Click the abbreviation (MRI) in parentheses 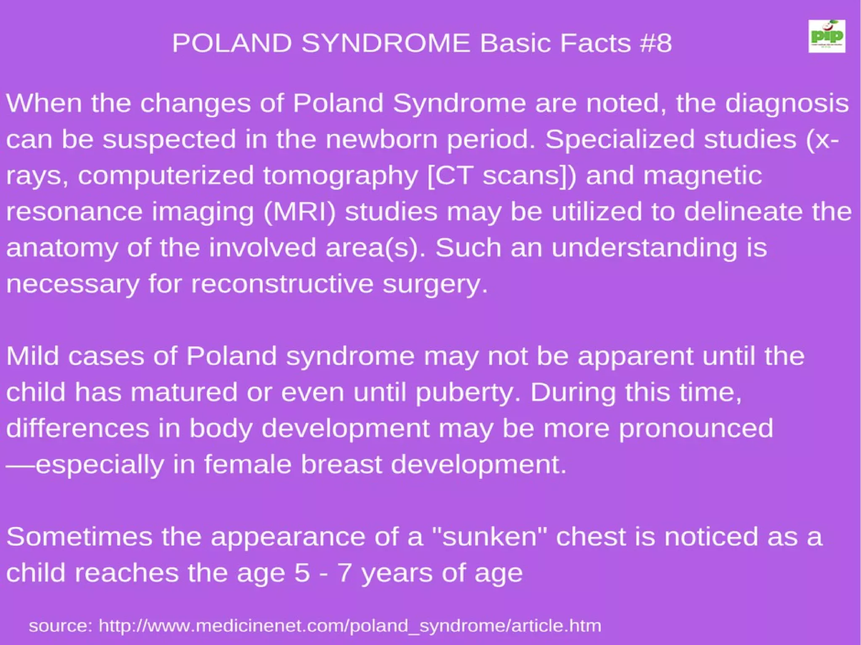pyautogui.click(x=300, y=211)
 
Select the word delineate pyautogui.click(x=742, y=211)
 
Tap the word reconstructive pyautogui.click(x=282, y=284)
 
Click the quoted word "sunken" pyautogui.click(x=490, y=537)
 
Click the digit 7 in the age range pyautogui.click(x=344, y=573)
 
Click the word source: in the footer pyautogui.click(x=61, y=626)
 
